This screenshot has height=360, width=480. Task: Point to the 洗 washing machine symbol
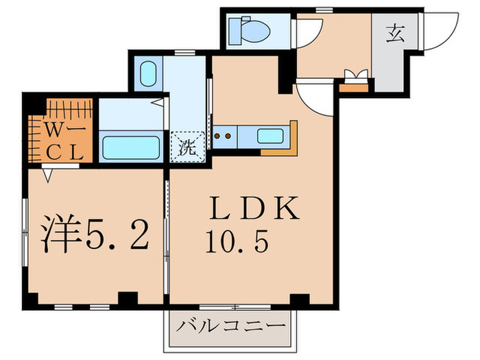click(x=187, y=145)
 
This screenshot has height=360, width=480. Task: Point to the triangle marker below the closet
click(x=47, y=176)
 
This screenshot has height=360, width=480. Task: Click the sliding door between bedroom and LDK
click(x=166, y=233)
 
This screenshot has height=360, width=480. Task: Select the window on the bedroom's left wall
click(x=25, y=233)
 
